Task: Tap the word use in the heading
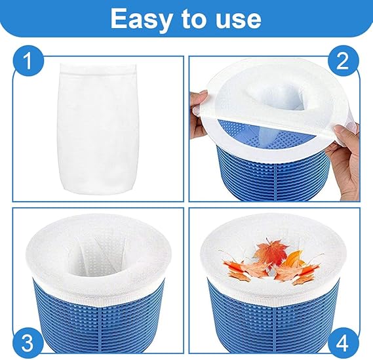[238, 20]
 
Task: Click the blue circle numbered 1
[28, 62]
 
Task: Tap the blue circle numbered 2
[344, 62]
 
